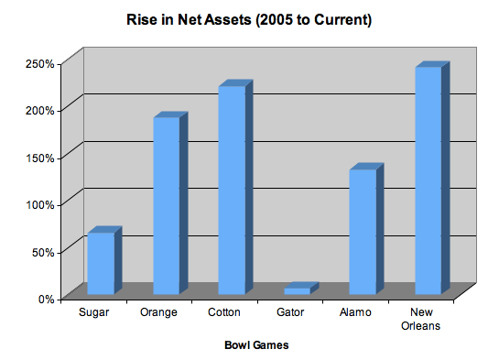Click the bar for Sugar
(100, 263)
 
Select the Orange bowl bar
(166, 206)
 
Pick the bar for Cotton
(232, 190)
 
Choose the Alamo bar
(363, 232)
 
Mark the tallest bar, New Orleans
(428, 180)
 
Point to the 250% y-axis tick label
(41, 63)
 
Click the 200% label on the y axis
(41, 110)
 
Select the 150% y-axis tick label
(41, 158)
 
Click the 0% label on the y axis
(47, 298)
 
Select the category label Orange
(158, 313)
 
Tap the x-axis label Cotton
(224, 313)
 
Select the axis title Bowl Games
(257, 345)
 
